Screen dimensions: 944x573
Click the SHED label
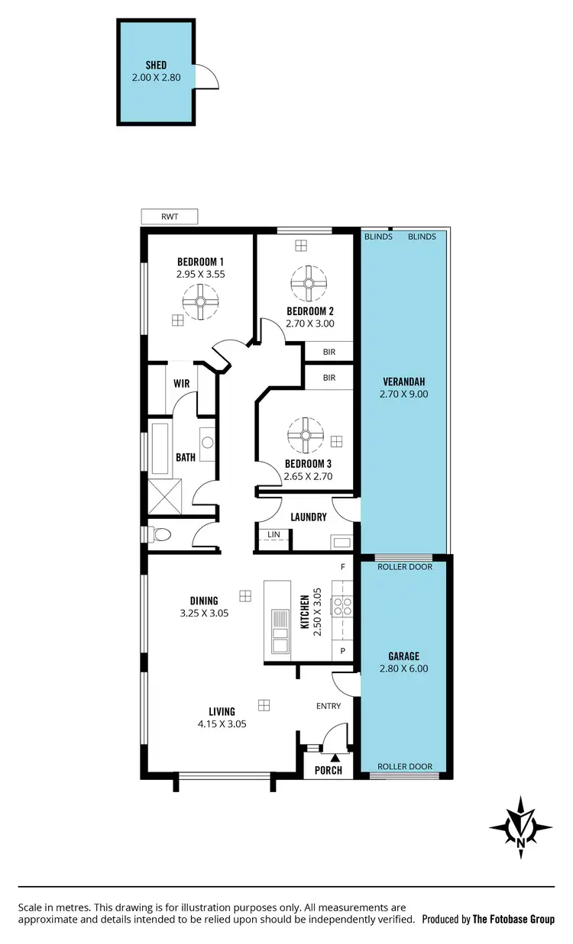(156, 66)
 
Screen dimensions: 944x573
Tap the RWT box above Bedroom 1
(169, 217)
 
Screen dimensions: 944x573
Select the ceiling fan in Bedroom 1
(199, 301)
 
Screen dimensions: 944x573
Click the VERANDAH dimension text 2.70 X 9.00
(403, 395)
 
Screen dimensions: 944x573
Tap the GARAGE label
(403, 656)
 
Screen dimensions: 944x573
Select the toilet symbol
(157, 535)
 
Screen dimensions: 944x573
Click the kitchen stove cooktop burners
(342, 607)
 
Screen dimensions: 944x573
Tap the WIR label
(181, 384)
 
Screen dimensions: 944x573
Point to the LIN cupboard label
(273, 535)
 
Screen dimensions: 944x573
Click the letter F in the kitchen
(343, 567)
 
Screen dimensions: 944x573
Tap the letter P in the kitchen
(343, 651)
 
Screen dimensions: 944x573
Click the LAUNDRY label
(308, 517)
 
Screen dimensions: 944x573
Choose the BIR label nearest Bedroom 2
(329, 352)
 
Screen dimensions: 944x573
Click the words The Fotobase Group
(513, 920)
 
